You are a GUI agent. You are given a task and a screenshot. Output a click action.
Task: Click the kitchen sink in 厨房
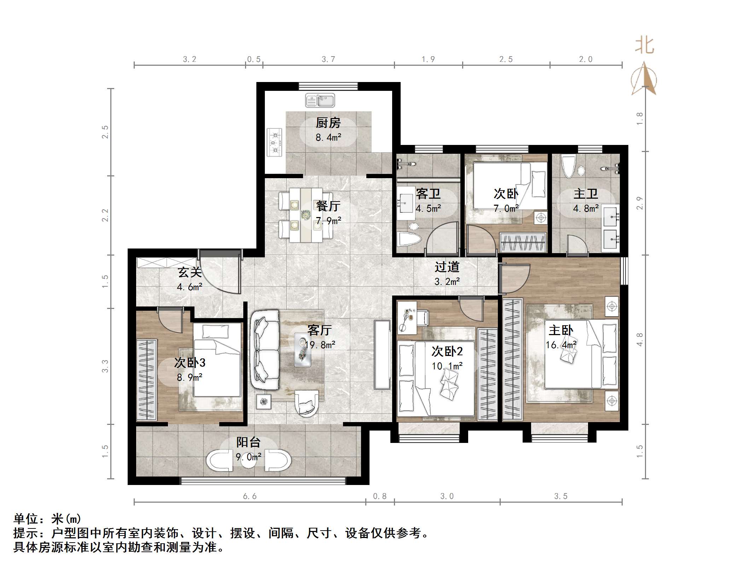pyautogui.click(x=320, y=101)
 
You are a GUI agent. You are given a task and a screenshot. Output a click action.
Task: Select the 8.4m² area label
pyautogui.click(x=328, y=138)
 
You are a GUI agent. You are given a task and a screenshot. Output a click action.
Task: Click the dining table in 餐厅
pyautogui.click(x=306, y=215)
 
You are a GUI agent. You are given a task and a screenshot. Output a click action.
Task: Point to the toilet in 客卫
pyautogui.click(x=409, y=239)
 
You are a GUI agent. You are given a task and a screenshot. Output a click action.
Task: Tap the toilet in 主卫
pyautogui.click(x=569, y=168)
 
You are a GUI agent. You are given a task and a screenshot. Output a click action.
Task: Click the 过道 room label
pyautogui.click(x=447, y=267)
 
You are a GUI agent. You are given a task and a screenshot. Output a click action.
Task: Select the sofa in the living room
pyautogui.click(x=265, y=349)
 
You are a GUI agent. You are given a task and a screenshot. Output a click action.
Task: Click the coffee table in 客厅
pyautogui.click(x=303, y=349)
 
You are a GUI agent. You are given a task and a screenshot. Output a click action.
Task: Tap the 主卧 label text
pyautogui.click(x=561, y=330)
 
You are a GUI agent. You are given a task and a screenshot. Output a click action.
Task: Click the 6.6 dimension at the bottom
pyautogui.click(x=250, y=496)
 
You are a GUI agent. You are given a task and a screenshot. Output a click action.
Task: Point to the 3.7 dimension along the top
pyautogui.click(x=328, y=59)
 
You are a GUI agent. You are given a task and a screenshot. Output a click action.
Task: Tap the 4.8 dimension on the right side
pyautogui.click(x=639, y=339)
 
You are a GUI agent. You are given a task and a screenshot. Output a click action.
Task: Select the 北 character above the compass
pyautogui.click(x=644, y=46)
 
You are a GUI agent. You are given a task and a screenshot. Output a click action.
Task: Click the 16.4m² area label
pyautogui.click(x=561, y=345)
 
